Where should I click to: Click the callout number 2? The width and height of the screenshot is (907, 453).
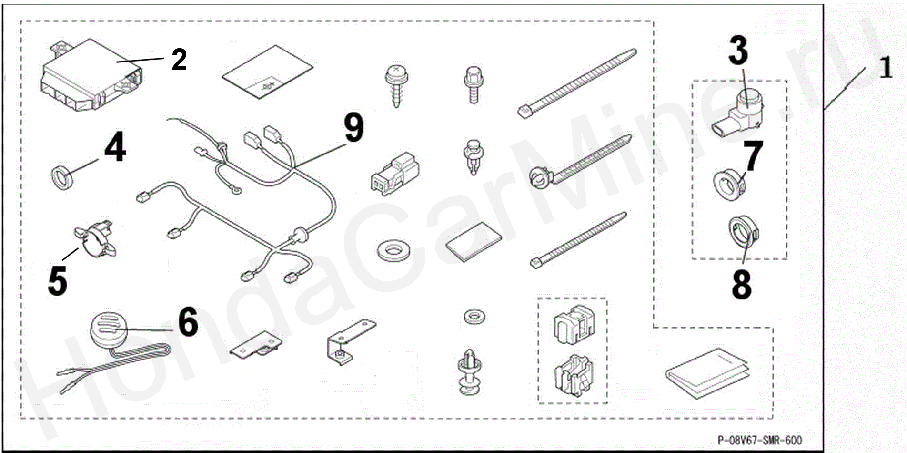click(179, 60)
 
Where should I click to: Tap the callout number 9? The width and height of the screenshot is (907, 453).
click(354, 127)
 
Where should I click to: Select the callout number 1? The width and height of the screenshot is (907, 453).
click(885, 67)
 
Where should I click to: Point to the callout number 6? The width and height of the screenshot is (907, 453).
click(188, 322)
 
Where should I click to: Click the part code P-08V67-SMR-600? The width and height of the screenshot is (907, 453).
click(760, 440)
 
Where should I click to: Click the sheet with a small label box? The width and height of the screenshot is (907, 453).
click(268, 72)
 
